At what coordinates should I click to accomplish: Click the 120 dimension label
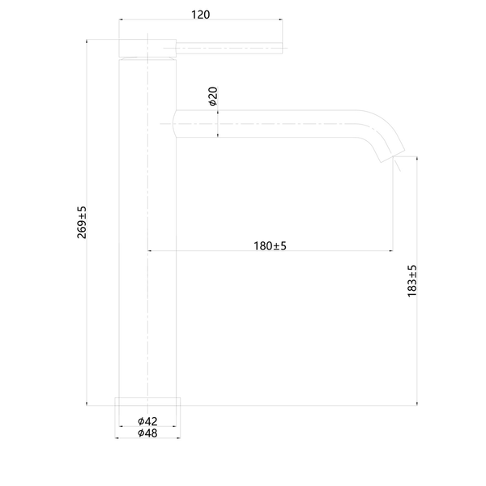point(200,15)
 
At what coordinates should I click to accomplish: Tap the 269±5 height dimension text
point(82,222)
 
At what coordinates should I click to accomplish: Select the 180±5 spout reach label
point(270,245)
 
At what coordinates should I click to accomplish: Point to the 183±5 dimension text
point(412,281)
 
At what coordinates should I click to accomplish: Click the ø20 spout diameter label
point(213,96)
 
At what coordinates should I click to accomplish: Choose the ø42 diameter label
point(147,421)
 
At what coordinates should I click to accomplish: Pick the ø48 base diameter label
point(147,433)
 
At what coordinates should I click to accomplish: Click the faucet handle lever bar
point(229,48)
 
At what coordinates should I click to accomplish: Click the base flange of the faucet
point(147,401)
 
